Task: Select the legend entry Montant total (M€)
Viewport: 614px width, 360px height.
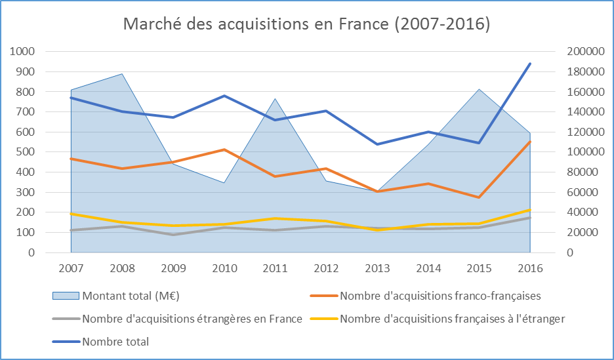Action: coord(131,296)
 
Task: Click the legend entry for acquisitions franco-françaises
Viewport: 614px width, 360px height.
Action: coord(440,296)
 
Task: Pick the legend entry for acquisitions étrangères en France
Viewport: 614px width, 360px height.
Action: coord(192,319)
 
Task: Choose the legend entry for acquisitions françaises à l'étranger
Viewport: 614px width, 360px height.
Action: coord(452,319)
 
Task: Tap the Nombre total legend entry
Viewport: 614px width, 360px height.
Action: coord(115,341)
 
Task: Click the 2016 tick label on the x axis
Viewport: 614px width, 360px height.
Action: coord(530,268)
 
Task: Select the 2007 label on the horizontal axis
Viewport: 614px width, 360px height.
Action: coord(71,268)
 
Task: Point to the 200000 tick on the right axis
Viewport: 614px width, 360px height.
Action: coord(577,52)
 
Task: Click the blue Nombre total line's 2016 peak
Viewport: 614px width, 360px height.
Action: coord(530,64)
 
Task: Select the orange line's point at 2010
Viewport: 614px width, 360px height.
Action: coord(224,150)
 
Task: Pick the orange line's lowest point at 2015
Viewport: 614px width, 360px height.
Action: coord(479,197)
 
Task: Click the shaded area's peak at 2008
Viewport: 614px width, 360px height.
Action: coord(122,73)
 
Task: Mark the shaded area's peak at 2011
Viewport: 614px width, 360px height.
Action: coord(275,98)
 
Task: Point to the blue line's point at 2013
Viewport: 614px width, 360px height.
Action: coord(377,144)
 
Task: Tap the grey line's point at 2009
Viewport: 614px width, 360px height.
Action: coord(173,235)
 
